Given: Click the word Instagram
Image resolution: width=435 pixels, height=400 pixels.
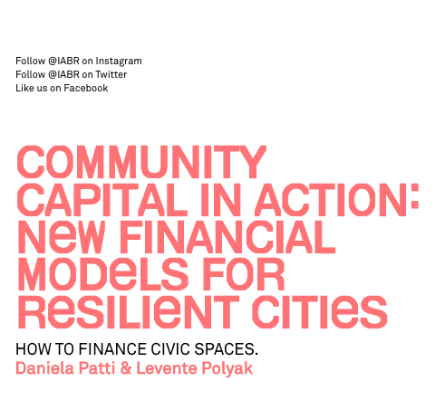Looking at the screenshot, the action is tap(119, 62).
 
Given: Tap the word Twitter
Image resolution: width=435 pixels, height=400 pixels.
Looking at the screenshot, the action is tap(111, 74).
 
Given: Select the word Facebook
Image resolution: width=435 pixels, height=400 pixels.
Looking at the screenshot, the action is tap(86, 88).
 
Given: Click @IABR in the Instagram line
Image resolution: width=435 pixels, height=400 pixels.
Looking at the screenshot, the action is tap(63, 61).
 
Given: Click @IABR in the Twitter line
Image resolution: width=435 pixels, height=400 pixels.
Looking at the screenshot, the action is tap(63, 74).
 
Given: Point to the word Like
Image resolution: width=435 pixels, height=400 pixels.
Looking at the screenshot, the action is tap(24, 88).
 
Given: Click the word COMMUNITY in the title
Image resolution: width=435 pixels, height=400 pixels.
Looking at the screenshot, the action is tap(141, 162).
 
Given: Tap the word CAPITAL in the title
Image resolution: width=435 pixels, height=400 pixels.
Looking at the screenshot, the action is tap(101, 200).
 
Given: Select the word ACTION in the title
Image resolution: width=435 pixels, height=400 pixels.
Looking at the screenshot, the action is tap(331, 200).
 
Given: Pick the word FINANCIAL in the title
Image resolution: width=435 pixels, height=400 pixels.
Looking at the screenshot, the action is tap(227, 237).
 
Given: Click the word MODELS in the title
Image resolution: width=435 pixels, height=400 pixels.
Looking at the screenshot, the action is tap(103, 274).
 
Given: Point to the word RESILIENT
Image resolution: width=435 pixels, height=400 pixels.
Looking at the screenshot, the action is tap(129, 311).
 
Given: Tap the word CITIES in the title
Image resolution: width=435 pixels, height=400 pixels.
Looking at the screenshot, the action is tap(319, 311).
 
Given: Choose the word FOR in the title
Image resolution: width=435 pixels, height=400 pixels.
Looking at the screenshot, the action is tap(244, 274).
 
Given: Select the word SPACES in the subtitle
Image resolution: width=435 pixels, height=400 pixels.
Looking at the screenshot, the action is tap(226, 349).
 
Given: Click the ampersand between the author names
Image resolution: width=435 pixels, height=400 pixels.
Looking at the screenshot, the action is tap(126, 368).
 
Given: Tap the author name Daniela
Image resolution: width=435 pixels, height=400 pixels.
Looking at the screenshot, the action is tap(44, 368).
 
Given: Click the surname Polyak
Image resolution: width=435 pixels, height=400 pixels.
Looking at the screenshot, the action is tap(227, 369).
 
